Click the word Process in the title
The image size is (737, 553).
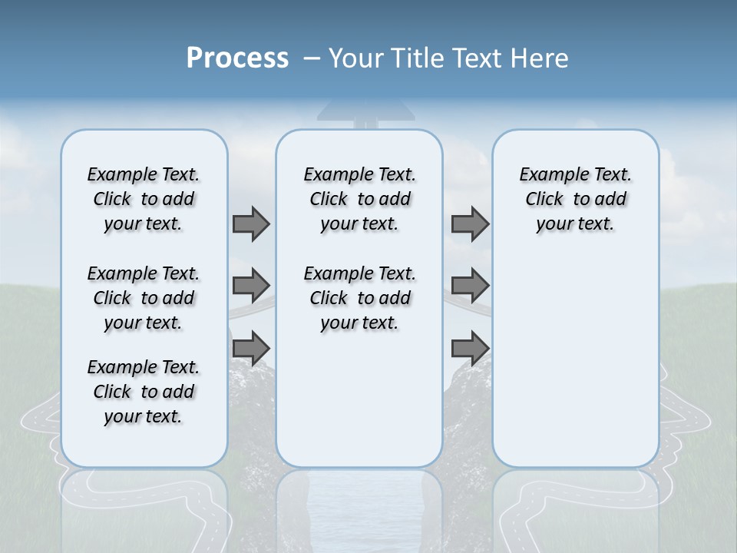coord(237,58)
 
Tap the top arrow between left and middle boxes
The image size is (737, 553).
coord(251,224)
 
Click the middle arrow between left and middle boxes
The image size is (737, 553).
coord(251,286)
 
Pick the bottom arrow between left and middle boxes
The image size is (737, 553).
coord(251,348)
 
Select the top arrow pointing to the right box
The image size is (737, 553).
coord(470,224)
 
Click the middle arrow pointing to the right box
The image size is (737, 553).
coord(470,286)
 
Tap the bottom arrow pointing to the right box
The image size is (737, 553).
coord(470,348)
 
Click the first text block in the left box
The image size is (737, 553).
coord(144,199)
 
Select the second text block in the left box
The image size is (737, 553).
coord(144,298)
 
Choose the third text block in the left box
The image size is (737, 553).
coord(144,392)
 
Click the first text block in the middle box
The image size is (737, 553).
coord(359,199)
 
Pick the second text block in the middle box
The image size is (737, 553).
coord(359,298)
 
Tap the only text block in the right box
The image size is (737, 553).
coord(575,199)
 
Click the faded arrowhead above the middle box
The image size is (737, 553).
coord(365,112)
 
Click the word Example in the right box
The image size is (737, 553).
coord(548,175)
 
